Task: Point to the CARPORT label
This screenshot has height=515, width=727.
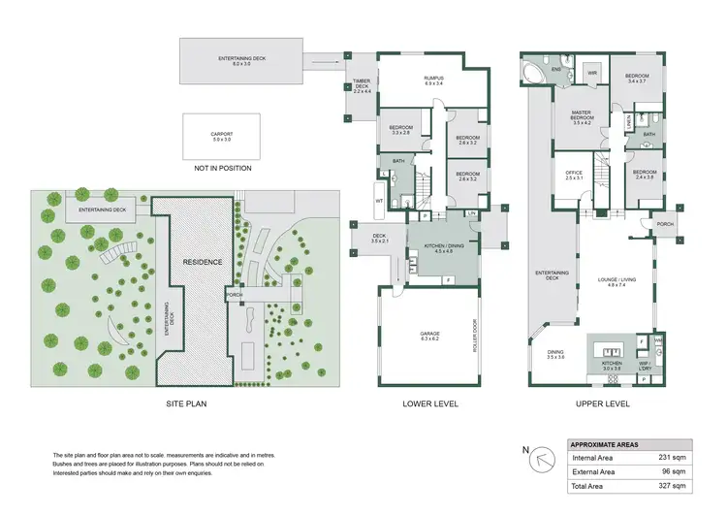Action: (x=222, y=136)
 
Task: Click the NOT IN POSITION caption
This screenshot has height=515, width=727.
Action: (x=222, y=168)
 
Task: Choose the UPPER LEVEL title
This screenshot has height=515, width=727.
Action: (x=604, y=403)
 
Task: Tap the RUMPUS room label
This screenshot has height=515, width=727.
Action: (x=420, y=79)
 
